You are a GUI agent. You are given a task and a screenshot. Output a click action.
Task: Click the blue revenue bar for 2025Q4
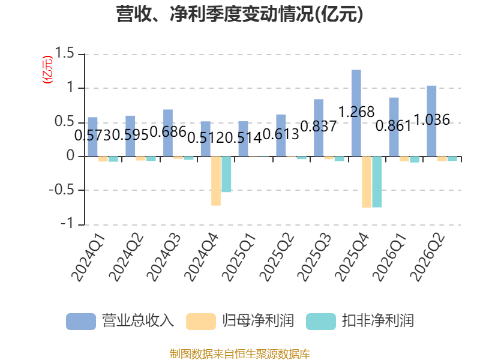point(356,113)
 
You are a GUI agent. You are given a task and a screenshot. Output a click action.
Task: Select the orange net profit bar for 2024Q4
point(216,181)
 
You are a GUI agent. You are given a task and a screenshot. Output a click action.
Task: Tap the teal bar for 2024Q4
point(226,174)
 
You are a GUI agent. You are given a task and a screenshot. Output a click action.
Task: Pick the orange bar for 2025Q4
point(367,182)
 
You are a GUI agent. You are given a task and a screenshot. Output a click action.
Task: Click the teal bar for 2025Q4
point(377,182)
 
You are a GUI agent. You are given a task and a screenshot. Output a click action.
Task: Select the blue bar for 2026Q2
point(431,121)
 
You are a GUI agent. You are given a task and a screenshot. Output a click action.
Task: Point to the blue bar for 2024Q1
point(93,137)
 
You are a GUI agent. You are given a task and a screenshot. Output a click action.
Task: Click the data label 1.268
point(356,112)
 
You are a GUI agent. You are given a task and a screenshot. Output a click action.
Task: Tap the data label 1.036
point(431,119)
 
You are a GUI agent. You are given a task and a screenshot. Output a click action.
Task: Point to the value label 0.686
point(168,132)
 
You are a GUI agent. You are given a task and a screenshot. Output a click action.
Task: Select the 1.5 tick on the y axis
point(64,53)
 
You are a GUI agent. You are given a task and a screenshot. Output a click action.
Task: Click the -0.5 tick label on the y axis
point(62,190)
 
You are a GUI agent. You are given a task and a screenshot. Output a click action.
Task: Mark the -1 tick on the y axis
point(67,224)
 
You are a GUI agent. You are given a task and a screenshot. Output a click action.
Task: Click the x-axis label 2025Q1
point(238,257)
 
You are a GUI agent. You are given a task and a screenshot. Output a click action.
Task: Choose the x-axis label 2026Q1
point(389,257)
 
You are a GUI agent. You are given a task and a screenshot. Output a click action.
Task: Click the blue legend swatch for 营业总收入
point(81,322)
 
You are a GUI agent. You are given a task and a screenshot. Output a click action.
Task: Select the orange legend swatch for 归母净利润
point(201,322)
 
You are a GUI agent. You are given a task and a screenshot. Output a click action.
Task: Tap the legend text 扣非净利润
point(378,321)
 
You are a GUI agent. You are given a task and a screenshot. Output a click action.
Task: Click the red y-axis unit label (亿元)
point(47,70)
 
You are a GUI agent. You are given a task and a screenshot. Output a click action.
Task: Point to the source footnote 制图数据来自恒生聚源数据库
point(240,354)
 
